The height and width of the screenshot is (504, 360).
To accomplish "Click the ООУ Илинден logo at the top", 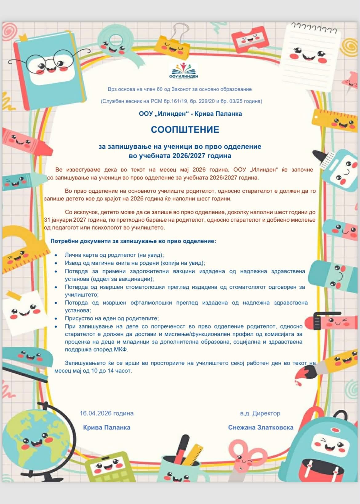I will [184, 71].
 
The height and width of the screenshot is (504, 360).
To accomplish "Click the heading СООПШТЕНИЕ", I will [185, 129].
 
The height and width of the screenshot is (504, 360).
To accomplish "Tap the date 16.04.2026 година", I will [106, 413].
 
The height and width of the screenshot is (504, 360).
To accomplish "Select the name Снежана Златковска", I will [261, 427].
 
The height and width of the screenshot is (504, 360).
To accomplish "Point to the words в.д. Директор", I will [260, 413].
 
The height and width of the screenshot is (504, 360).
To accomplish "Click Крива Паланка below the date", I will [106, 427].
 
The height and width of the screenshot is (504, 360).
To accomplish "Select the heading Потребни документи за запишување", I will [133, 241].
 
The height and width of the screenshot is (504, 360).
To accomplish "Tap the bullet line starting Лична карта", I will [114, 255].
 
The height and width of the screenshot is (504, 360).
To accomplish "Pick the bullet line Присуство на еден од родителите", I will [112, 318].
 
